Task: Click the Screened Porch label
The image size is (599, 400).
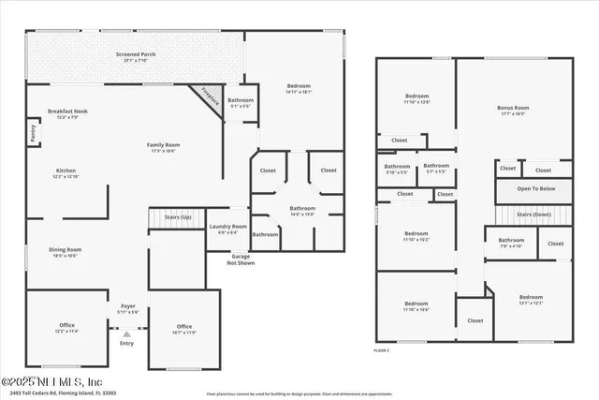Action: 136,57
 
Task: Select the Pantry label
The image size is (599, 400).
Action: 34,135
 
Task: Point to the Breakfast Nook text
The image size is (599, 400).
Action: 66,112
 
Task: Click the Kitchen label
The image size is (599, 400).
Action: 66,171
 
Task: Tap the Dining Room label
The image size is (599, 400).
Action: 66,250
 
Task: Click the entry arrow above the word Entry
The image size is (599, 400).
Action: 126,332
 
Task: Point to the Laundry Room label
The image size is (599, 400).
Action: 227,228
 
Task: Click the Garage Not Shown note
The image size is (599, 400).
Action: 241,259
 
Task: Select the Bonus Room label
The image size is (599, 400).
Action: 512,111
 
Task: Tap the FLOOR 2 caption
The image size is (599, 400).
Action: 381,349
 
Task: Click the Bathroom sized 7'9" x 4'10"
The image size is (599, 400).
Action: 511,242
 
